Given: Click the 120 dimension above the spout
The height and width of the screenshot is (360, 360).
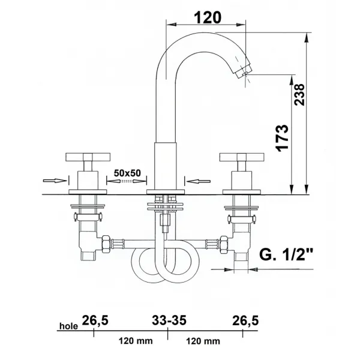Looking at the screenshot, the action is [208, 17].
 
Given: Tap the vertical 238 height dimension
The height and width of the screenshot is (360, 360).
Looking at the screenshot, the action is [299, 95].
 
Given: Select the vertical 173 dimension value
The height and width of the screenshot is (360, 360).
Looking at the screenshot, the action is [282, 138].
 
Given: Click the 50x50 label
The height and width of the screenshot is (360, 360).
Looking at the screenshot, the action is [127, 173].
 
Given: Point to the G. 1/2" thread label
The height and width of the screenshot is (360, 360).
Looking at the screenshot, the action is [286, 254].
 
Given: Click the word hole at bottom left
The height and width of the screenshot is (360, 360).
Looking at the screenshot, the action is [68, 326].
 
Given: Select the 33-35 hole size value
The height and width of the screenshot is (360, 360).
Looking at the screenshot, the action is [169, 320].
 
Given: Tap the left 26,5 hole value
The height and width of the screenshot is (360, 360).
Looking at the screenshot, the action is [95, 320].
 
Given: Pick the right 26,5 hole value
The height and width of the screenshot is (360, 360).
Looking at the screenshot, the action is [245, 320].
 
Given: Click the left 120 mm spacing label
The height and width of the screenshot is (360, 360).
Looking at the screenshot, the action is [136, 341].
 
